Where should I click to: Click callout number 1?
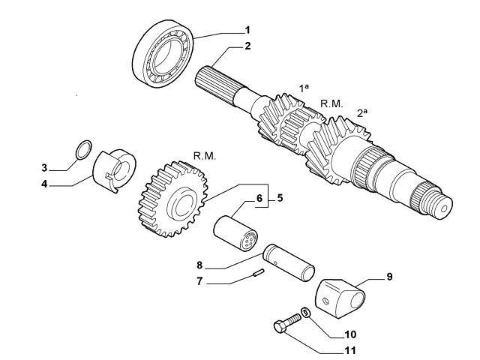(x=246, y=31)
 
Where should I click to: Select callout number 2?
(x=246, y=46)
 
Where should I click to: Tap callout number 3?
(x=45, y=166)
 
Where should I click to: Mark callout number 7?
(x=199, y=282)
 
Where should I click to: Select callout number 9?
(x=389, y=277)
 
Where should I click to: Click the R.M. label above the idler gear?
(x=204, y=156)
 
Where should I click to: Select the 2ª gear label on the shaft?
(x=362, y=112)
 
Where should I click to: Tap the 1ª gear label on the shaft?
(x=304, y=88)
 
